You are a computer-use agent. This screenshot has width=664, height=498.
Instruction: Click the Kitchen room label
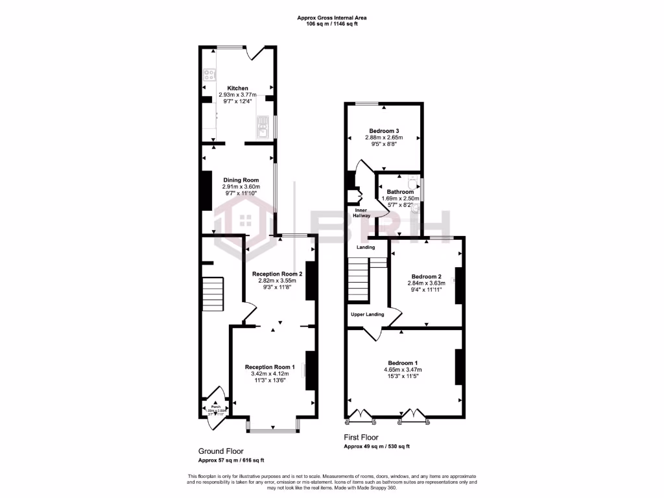237,88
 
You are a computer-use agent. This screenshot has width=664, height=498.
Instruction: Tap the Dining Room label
241,180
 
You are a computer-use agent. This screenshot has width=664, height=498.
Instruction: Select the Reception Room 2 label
274,274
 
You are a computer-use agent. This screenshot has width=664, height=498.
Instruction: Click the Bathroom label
400,192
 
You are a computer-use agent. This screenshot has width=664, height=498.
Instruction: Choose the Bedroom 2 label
426,276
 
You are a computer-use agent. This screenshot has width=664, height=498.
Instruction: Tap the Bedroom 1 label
403,362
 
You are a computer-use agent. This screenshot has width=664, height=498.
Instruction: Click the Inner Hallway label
361,213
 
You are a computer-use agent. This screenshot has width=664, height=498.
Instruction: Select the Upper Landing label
367,314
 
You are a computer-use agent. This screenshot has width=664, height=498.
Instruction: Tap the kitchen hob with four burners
209,74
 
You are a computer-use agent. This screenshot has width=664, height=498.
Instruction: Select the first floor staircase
359,280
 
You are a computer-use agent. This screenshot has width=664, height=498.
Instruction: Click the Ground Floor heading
221,451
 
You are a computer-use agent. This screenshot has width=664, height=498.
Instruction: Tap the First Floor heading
361,438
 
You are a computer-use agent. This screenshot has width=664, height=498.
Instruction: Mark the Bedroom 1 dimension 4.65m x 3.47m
403,370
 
